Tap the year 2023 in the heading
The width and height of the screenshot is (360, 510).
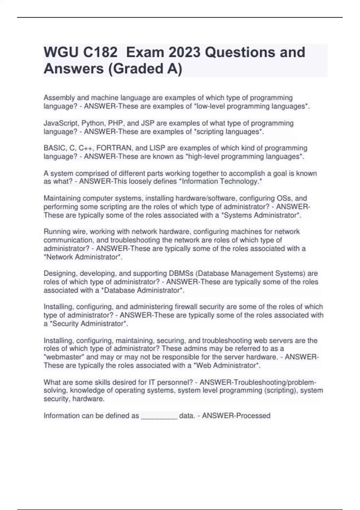184,52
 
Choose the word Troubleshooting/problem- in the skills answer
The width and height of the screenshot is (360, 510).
275,382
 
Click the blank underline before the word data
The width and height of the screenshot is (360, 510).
159,416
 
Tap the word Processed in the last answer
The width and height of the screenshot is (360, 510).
253,416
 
